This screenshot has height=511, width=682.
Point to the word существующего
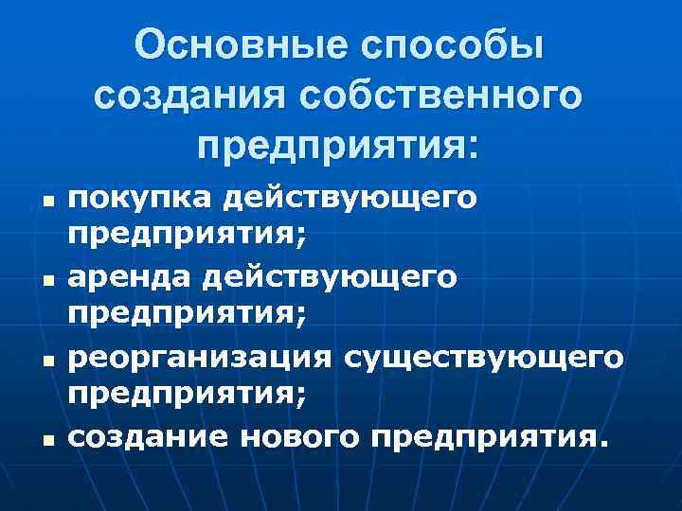[484, 358]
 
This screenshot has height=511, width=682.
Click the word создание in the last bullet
[153, 436]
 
